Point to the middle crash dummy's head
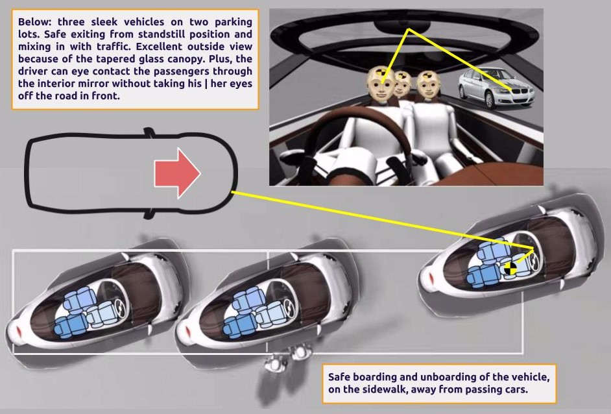[x=403, y=84]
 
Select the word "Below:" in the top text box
[x=36, y=21]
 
